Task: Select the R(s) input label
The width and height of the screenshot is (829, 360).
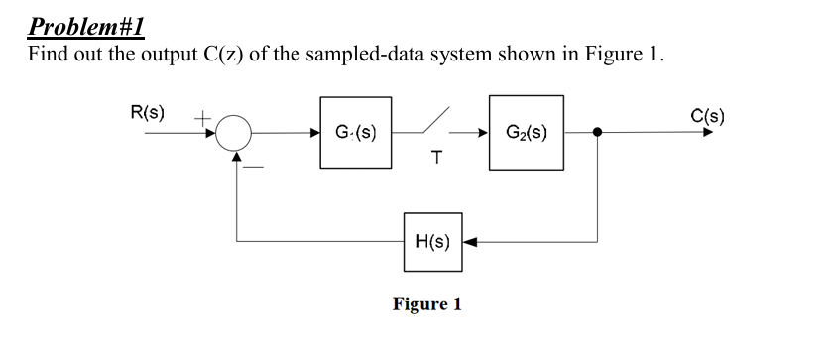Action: [x=147, y=111]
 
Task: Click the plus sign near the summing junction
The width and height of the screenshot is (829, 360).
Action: [x=200, y=117]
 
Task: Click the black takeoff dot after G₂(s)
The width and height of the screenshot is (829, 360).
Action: [x=597, y=132]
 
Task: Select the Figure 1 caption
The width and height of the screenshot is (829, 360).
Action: [x=426, y=303]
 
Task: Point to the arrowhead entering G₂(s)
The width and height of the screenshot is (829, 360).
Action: [x=481, y=132]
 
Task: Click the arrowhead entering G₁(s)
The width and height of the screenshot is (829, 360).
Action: [x=313, y=132]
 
